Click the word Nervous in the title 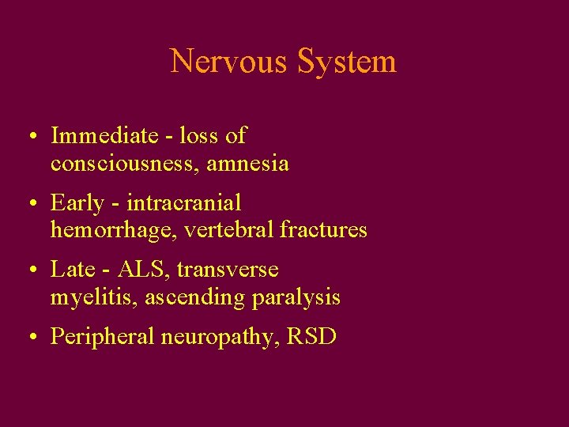(x=230, y=61)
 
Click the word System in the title (x=348, y=61)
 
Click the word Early (x=77, y=203)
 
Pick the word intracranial (x=184, y=203)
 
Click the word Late (x=73, y=270)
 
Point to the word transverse (x=228, y=270)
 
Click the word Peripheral (x=102, y=337)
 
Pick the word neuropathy (x=219, y=338)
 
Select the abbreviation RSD (x=312, y=337)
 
